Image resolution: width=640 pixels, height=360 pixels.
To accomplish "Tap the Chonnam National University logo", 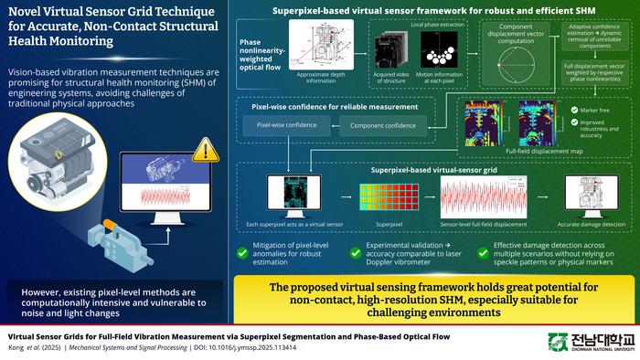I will coord(590,342).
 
